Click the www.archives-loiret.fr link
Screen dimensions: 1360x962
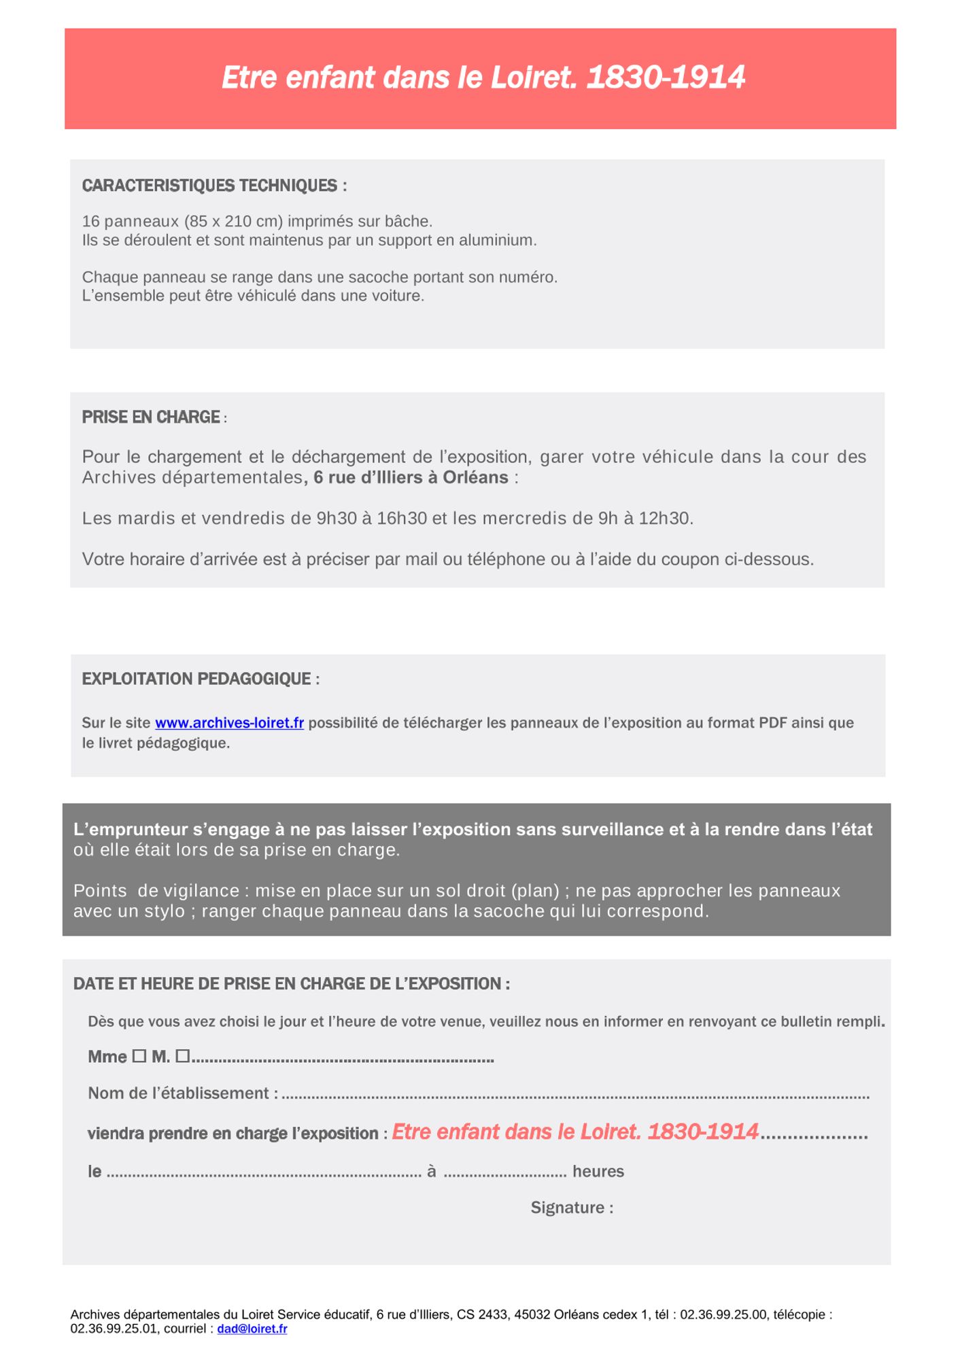(x=229, y=723)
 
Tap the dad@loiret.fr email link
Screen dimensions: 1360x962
(x=252, y=1329)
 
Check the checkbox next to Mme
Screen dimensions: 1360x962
(x=139, y=1056)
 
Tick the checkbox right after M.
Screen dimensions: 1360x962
(x=182, y=1056)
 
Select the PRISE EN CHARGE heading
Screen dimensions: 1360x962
(x=151, y=417)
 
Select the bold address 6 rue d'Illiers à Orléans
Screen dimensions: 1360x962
(x=411, y=477)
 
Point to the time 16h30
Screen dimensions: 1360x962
(x=402, y=518)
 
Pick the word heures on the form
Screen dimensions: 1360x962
(x=598, y=1171)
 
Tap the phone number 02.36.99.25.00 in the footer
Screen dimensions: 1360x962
(x=723, y=1314)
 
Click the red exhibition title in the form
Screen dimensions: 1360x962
(x=575, y=1132)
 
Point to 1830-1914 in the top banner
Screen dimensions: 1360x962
(x=666, y=78)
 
